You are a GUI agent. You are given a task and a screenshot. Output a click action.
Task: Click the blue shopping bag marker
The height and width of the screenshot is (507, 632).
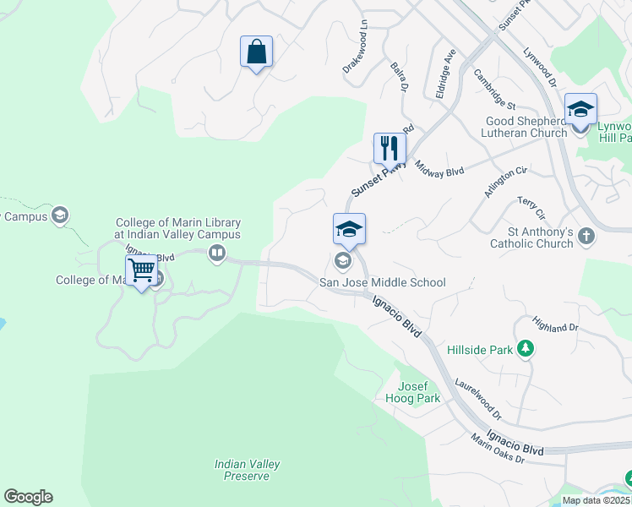point(256,52)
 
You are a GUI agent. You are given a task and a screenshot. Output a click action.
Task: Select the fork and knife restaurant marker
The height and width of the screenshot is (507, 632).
point(390,149)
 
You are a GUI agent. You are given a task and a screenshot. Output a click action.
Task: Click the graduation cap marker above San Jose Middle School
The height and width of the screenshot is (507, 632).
point(349,230)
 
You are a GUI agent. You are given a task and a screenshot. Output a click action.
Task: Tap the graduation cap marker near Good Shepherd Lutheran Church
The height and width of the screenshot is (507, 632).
point(580,110)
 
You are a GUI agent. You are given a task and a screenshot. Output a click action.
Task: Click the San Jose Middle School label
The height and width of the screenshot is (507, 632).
point(381,282)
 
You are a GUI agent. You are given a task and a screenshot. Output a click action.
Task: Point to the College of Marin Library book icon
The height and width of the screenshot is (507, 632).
point(217,253)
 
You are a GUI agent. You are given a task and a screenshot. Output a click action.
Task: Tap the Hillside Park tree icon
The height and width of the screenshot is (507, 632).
point(526,348)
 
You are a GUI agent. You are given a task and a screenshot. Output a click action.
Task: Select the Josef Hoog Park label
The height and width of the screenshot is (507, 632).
point(419,392)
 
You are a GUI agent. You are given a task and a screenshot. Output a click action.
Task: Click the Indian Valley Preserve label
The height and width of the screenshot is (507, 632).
point(247,470)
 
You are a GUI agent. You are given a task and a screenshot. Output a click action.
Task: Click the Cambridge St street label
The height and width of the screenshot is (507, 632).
point(494,90)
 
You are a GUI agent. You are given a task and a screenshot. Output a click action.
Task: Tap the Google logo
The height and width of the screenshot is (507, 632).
point(28,497)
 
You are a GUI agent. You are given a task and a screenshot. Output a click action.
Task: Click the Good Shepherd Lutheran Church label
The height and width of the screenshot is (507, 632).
point(524,127)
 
